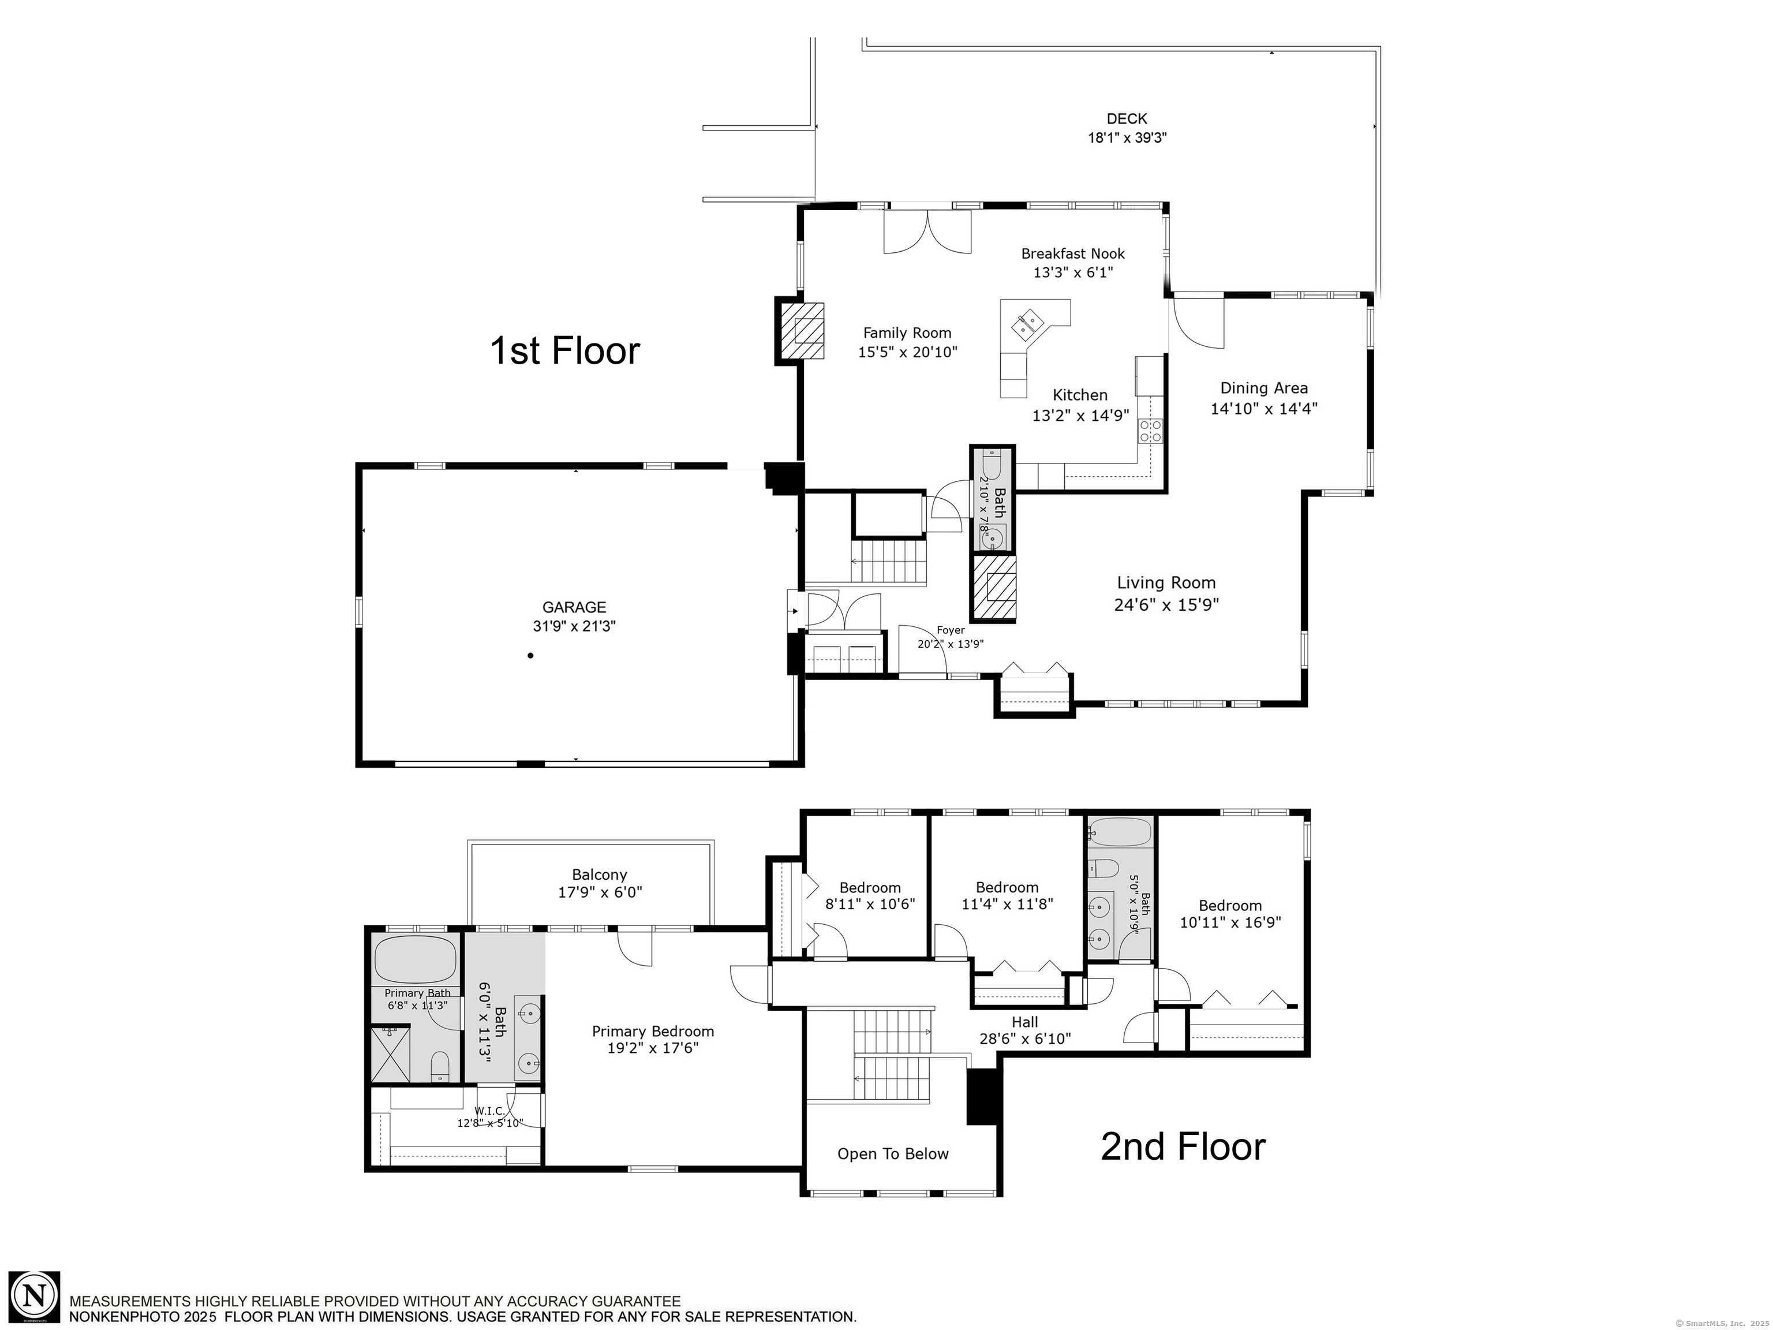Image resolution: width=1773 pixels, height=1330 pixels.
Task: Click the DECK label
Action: (1127, 119)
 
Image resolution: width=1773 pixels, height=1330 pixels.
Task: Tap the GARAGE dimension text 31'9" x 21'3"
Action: (574, 626)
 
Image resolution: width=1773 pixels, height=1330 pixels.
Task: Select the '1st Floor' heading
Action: (564, 350)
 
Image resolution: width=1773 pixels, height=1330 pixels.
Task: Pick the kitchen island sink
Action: (1027, 324)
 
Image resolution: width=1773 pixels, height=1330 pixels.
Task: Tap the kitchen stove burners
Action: (1150, 431)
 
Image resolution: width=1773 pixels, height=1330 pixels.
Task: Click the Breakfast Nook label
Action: (1072, 253)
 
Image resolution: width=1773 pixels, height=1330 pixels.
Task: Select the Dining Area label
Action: (1264, 388)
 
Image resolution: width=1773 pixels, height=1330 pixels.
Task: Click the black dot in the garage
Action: (530, 656)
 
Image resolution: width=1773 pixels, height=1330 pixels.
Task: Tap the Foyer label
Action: (951, 630)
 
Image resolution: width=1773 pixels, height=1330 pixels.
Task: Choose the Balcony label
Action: (600, 875)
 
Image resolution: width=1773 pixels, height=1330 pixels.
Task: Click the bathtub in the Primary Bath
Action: (415, 959)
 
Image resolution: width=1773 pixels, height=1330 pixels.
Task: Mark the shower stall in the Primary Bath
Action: (390, 1054)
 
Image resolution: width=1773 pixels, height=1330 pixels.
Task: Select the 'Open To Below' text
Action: (893, 1153)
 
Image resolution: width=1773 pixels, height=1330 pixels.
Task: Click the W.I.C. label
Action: (490, 1110)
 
